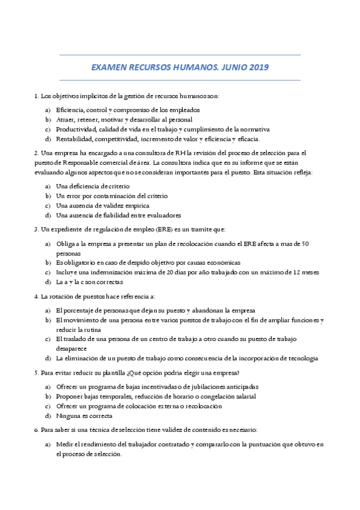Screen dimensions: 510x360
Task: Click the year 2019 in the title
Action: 258,68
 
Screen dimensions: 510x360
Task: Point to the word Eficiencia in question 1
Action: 70,110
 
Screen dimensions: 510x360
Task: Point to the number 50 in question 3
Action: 305,244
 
